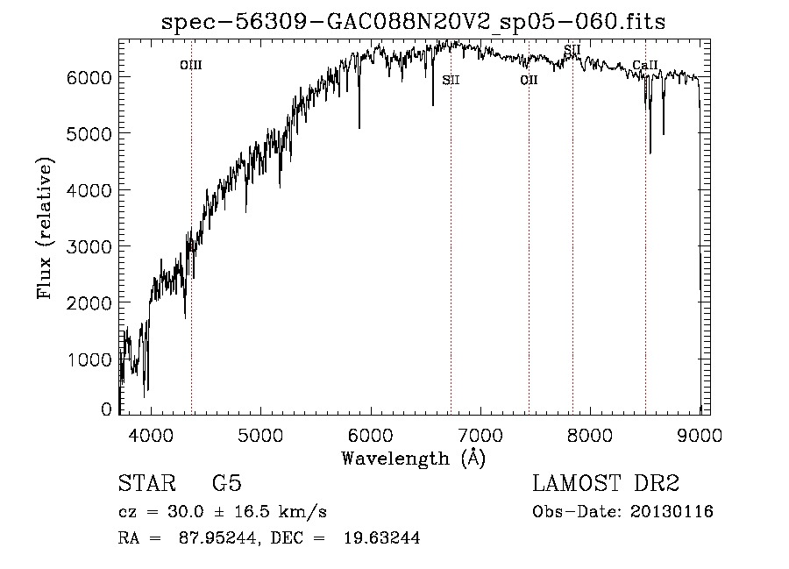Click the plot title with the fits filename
[x=414, y=23]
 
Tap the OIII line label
[x=190, y=65]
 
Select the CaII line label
[x=644, y=65]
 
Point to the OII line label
[x=528, y=80]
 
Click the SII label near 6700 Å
[x=451, y=80]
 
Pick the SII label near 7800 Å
[x=572, y=49]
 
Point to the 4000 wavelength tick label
[x=151, y=435]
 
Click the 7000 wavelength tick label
[x=480, y=435]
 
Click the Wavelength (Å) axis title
[x=414, y=458]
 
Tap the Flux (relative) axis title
[x=45, y=228]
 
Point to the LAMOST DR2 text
[x=606, y=485]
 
